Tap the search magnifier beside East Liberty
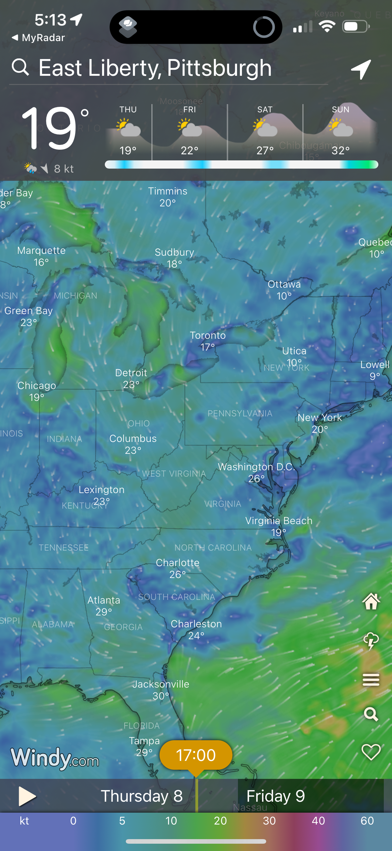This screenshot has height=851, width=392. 20,67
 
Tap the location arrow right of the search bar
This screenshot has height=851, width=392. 361,69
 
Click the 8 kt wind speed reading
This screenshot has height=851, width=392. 64,169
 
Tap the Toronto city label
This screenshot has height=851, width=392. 208,336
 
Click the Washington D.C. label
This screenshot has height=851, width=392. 256,467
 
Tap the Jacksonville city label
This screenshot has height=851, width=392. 161,684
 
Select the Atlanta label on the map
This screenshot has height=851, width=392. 104,600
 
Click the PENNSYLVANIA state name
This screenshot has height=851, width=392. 240,414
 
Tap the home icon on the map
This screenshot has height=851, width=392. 371,601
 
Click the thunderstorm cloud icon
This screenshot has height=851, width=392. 371,641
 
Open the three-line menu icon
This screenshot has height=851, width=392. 371,680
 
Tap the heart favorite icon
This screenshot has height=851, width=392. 371,752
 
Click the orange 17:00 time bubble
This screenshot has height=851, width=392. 196,755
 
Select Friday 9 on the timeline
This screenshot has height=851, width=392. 276,796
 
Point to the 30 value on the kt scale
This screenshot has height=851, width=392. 269,821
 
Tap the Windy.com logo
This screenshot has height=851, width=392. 55,758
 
